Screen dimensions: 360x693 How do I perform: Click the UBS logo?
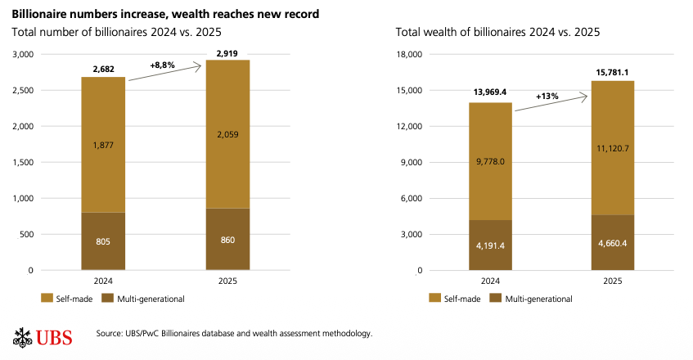(x=43, y=336)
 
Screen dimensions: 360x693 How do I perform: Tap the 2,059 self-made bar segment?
(x=227, y=134)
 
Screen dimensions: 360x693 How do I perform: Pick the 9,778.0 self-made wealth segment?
(x=490, y=161)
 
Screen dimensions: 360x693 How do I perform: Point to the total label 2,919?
(x=227, y=52)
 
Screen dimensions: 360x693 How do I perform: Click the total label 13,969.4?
(x=490, y=92)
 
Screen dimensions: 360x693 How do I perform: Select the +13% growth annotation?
(x=547, y=96)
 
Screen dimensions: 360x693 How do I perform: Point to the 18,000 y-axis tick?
(x=407, y=54)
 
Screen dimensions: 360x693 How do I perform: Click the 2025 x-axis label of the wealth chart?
(x=613, y=281)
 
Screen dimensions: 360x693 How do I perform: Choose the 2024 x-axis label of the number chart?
(x=103, y=281)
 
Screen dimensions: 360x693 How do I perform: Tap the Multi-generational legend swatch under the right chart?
(x=495, y=299)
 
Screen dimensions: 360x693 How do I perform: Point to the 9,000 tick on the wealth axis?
(x=410, y=162)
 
